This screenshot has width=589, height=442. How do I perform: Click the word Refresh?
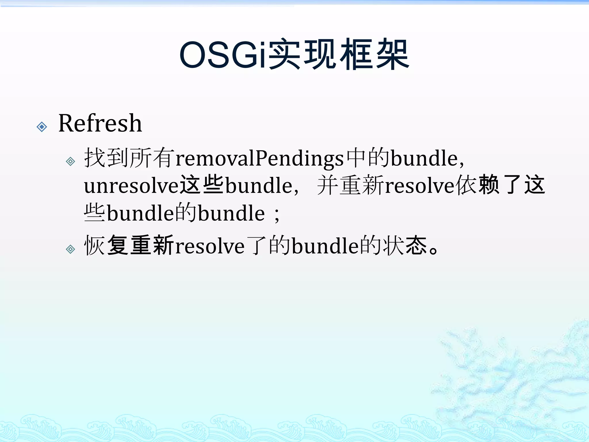point(100,123)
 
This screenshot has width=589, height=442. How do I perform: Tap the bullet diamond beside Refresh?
point(42,127)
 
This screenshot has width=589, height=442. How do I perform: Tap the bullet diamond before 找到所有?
point(70,161)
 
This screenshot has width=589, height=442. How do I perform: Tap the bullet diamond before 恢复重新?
point(70,249)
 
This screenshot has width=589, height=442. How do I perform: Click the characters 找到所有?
point(129,158)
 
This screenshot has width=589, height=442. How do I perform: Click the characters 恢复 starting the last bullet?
point(106,245)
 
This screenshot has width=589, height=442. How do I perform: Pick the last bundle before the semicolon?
point(231,214)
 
